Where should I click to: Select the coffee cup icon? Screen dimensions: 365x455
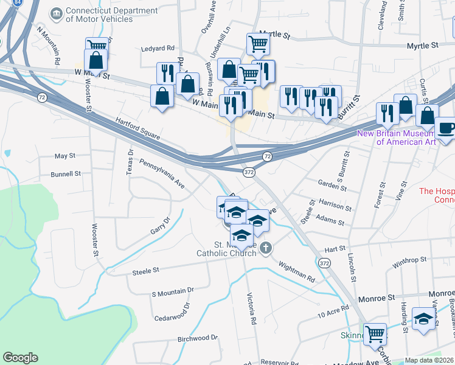coord(446,128)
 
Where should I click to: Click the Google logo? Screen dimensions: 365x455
coord(20,358)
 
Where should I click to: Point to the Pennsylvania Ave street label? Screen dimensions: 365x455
coord(162,172)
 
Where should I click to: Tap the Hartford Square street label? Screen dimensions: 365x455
coord(137,129)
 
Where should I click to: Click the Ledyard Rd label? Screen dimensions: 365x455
coord(158,48)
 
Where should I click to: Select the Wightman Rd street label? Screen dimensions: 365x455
coord(297,271)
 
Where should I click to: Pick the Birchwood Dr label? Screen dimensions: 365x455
coord(197,338)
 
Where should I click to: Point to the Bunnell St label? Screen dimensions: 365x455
coord(66,174)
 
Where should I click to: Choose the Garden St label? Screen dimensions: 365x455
coord(332,185)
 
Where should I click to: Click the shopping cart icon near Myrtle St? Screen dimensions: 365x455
coord(258,44)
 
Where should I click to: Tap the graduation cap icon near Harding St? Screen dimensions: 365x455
coord(423,318)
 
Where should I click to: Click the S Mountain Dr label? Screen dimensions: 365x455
coord(172,292)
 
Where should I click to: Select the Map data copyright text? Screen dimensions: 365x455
coord(429,360)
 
